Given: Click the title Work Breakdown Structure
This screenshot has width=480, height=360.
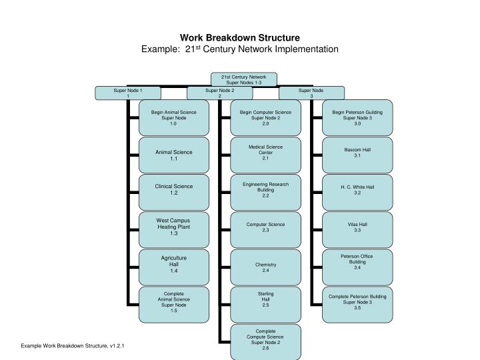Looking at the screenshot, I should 240,38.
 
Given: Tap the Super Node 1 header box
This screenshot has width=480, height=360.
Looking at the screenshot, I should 127,93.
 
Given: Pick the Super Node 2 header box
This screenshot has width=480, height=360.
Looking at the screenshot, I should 219,93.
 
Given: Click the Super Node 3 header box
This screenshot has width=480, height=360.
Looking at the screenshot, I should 311,93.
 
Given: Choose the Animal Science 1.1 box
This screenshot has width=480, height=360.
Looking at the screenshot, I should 173,155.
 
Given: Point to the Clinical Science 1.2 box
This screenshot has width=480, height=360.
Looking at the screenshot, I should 173,189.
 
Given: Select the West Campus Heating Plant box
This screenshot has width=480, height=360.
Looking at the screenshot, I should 173,227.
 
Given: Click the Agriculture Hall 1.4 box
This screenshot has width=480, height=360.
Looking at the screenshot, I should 173,265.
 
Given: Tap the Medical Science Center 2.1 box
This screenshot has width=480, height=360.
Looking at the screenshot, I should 265,152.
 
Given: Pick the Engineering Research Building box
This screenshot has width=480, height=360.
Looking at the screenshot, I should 265,189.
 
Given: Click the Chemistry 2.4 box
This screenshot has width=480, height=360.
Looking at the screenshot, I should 265,267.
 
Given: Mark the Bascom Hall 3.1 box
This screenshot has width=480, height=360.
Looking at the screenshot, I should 357,152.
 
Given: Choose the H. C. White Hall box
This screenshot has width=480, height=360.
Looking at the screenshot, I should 357,189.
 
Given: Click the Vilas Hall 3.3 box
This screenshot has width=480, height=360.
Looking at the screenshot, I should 357,227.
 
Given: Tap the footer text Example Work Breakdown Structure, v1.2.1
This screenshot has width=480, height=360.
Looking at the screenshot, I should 73,346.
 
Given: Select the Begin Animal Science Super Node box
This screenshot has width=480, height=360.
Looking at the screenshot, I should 173,117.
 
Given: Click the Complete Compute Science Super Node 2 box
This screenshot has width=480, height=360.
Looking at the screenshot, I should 265,339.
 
